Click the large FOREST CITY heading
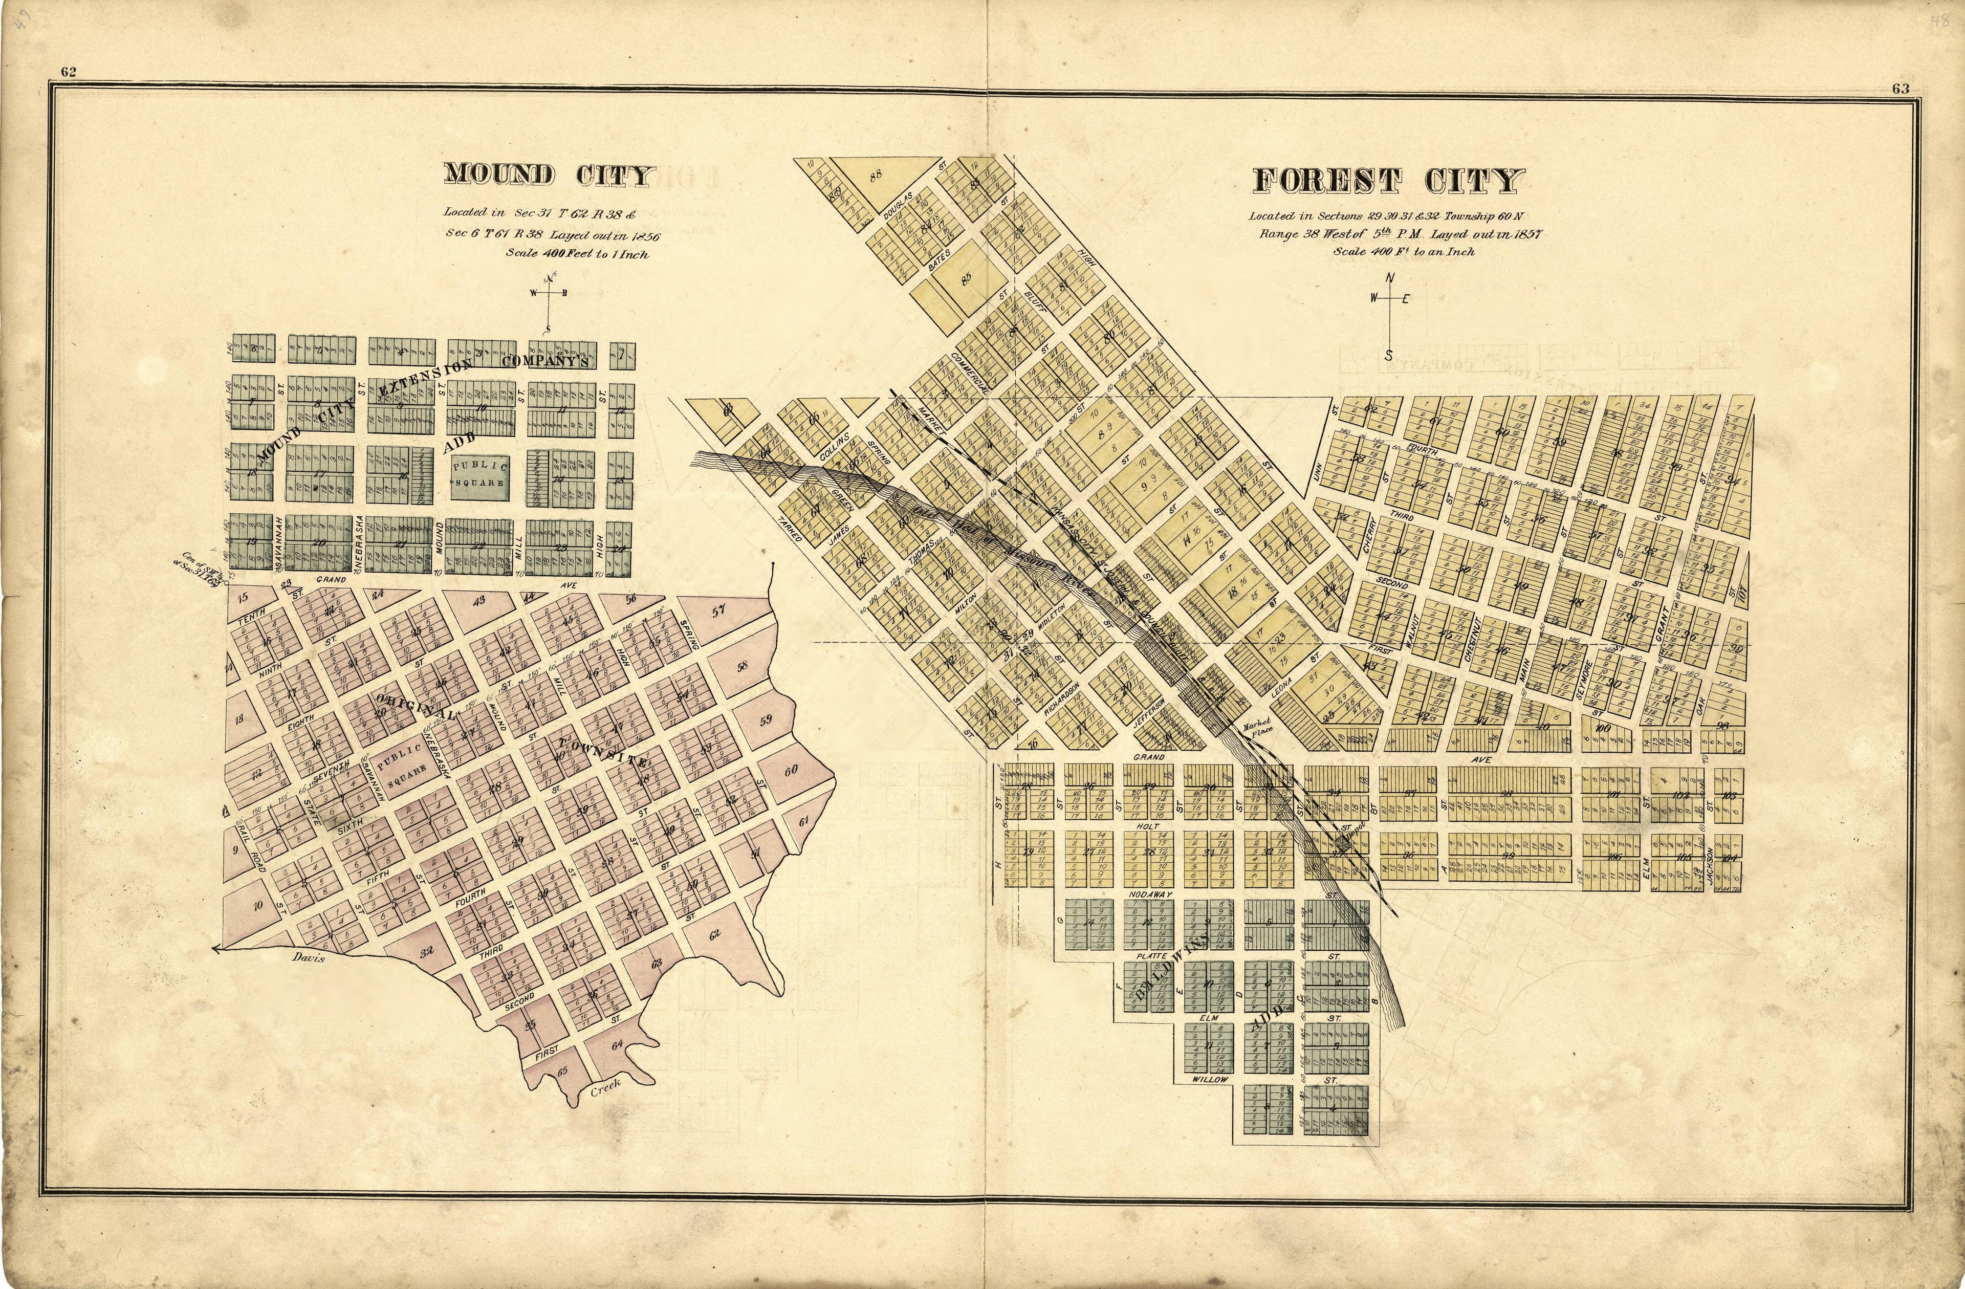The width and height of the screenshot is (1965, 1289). (1389, 181)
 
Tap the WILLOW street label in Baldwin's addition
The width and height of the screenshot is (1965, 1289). (1210, 1079)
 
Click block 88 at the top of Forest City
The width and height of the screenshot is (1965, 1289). (876, 174)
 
